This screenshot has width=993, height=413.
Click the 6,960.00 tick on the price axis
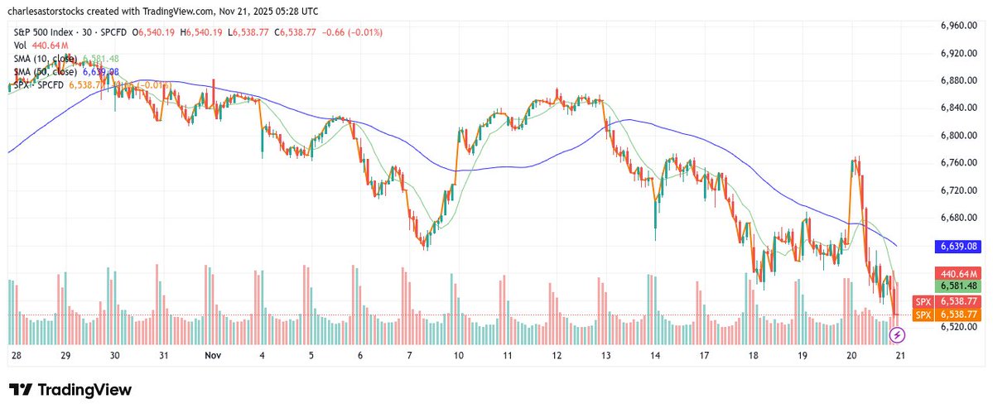point(958,26)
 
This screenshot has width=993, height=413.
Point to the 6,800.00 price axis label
point(958,135)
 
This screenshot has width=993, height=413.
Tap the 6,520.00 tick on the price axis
point(958,327)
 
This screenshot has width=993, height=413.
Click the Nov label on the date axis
point(213,354)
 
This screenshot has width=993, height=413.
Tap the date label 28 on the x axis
point(17,354)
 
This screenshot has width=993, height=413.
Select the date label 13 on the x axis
point(606,354)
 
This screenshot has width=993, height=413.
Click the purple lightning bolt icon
point(896,335)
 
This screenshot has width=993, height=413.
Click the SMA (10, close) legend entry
point(46,59)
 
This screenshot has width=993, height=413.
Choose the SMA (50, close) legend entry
point(46,72)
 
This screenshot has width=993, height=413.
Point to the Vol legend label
point(21,46)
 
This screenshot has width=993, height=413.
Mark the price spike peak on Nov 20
point(855,156)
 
